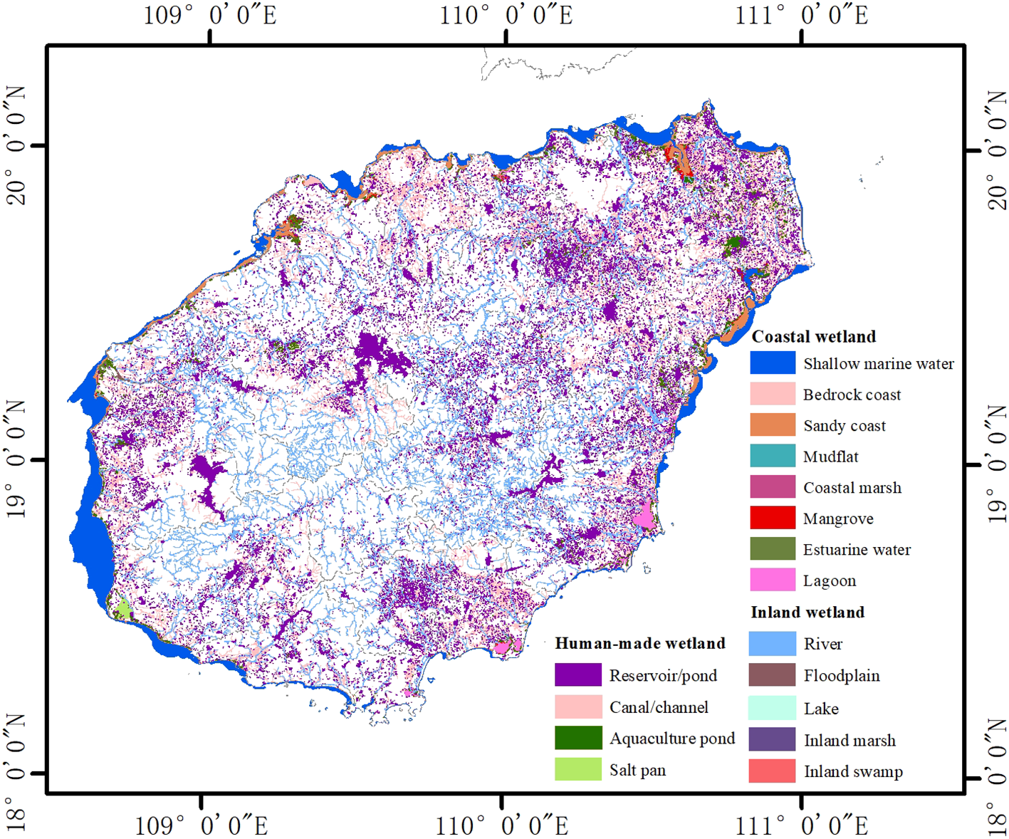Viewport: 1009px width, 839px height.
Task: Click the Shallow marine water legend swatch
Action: [773, 363]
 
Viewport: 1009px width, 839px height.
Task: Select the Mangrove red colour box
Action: [773, 518]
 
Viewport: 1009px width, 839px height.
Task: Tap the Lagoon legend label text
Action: [830, 580]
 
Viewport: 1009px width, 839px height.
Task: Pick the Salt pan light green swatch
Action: [578, 769]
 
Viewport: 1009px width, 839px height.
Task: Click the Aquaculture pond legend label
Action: [672, 739]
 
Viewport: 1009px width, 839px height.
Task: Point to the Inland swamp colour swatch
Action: [772, 771]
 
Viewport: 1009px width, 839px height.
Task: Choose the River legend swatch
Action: [772, 643]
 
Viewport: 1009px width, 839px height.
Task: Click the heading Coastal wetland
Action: [813, 336]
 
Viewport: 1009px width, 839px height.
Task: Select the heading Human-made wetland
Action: [639, 643]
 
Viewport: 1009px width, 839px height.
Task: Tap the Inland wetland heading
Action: [807, 612]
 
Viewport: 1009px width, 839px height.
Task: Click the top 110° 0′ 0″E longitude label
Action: [506, 15]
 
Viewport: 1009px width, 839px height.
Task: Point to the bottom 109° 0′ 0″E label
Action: [202, 826]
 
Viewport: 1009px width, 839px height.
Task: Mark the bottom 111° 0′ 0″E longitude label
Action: [802, 826]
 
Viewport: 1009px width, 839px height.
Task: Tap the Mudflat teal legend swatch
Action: [773, 456]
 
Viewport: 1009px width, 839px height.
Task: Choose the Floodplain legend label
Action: [842, 675]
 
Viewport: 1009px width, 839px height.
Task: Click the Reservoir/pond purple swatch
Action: [578, 674]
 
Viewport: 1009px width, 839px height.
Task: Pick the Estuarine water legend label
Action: [857, 549]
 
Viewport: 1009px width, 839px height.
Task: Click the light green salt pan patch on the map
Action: [123, 610]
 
